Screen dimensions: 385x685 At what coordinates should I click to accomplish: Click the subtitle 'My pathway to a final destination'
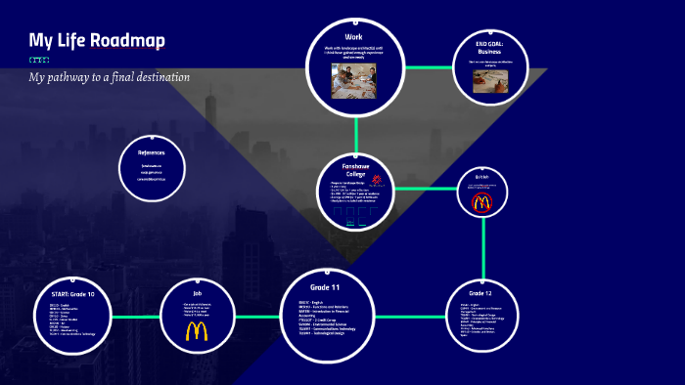pyautogui.click(x=109, y=76)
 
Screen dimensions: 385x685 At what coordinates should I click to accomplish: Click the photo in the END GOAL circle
pyautogui.click(x=490, y=82)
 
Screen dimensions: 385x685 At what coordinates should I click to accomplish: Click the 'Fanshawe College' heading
pyautogui.click(x=355, y=170)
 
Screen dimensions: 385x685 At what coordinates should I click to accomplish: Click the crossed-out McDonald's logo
pyautogui.click(x=481, y=203)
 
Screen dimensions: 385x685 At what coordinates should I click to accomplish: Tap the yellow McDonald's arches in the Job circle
pyautogui.click(x=197, y=331)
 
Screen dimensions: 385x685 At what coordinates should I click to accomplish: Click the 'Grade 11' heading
pyautogui.click(x=326, y=286)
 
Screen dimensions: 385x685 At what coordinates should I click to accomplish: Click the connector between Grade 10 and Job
pyautogui.click(x=140, y=318)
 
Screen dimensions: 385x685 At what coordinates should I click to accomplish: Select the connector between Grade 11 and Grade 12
pyautogui.click(x=410, y=316)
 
